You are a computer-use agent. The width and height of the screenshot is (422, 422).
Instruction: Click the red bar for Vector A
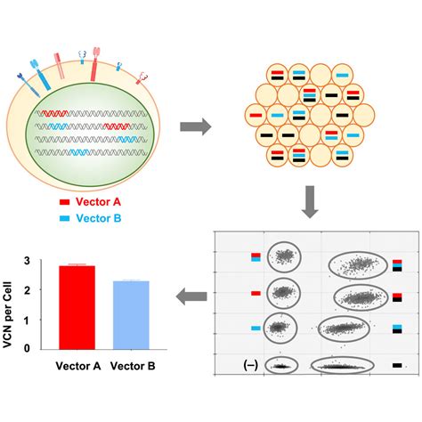77,307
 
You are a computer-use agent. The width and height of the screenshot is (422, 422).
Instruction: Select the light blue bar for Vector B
131,315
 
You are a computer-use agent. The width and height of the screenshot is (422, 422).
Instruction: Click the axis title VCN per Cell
7,314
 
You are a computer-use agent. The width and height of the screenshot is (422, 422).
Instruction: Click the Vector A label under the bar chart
78,366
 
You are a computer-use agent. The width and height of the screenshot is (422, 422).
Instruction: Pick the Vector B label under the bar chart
133,366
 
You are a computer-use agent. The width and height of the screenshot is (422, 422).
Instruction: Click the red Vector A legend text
98,202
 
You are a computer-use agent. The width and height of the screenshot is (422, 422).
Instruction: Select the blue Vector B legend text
99,218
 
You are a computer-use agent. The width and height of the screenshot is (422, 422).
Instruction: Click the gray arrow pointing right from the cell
196,126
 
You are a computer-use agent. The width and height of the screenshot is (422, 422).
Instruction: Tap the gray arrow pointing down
310,202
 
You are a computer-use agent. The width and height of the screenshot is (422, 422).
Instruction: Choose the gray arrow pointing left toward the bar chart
191,296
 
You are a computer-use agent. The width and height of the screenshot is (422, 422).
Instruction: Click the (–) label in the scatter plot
250,365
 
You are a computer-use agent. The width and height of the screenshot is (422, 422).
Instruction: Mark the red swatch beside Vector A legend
64,202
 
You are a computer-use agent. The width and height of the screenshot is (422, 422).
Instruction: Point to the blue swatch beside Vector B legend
64,218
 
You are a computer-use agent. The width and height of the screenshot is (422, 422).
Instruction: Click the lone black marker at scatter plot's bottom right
397,365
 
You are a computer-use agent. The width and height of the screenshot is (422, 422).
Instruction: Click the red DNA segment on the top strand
55,113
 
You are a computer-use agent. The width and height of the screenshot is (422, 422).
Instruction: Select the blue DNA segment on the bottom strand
80,152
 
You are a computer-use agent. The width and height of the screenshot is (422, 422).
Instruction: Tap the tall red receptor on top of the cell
95,64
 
